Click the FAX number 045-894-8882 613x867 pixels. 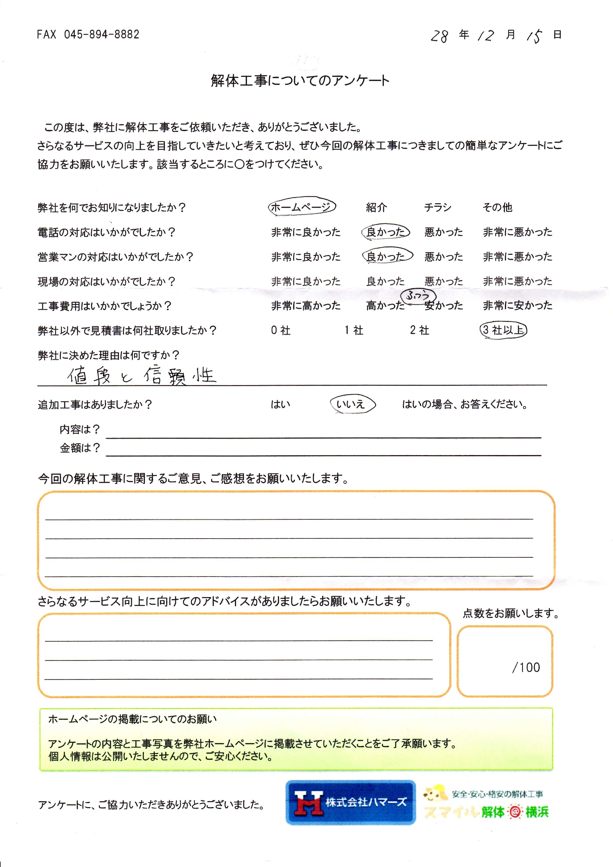(101, 35)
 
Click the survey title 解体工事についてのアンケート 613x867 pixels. (300, 81)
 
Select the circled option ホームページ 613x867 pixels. (302, 207)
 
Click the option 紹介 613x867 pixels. (376, 207)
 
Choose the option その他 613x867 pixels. (497, 207)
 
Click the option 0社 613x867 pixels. (281, 330)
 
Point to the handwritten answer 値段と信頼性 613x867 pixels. (142, 376)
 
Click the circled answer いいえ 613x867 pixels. (352, 404)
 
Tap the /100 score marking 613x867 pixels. (526, 667)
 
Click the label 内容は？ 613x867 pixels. (80, 429)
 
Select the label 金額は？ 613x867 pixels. (80, 448)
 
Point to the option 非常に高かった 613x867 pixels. (306, 305)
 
